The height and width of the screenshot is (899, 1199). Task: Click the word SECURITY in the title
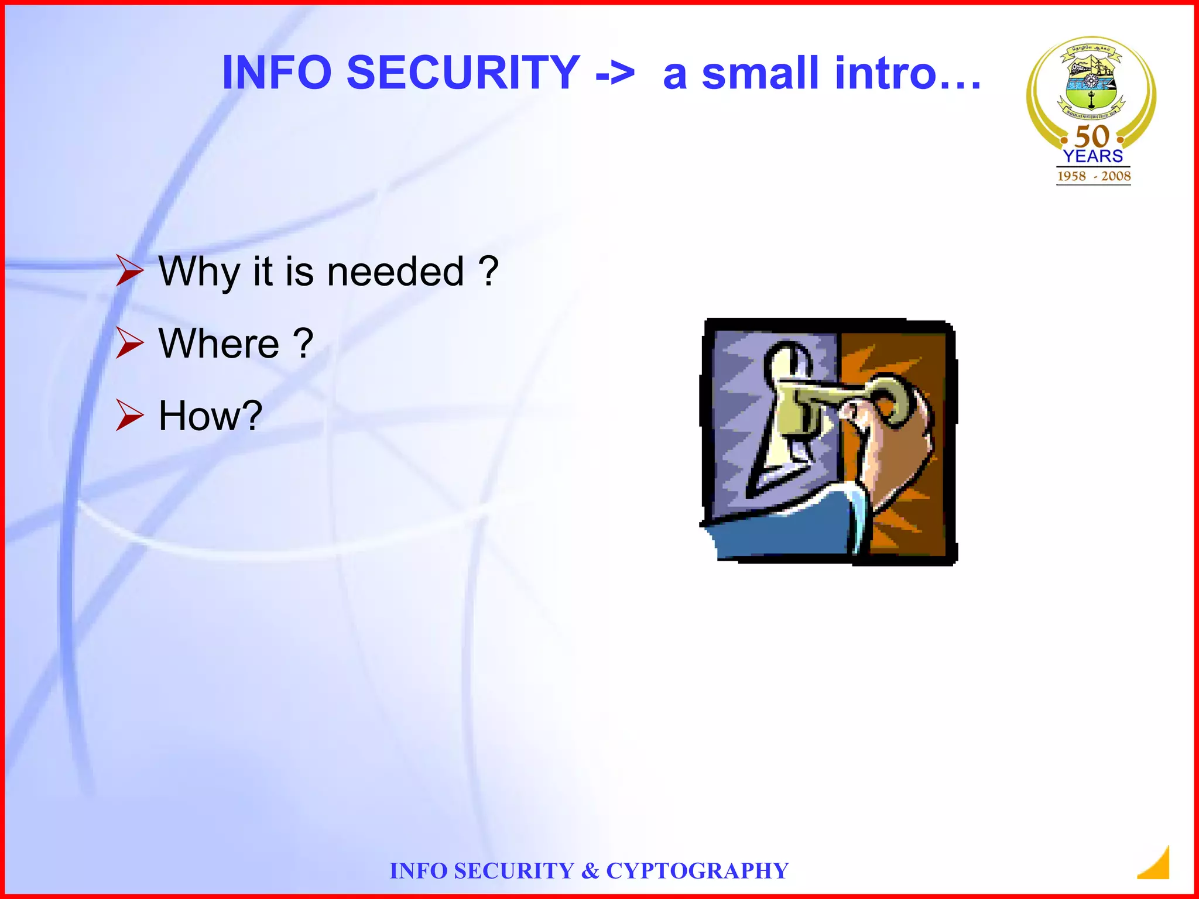463,73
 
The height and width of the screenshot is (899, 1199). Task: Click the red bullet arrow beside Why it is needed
129,270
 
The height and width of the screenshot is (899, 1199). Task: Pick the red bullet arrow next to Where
129,342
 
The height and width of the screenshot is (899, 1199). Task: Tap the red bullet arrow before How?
129,415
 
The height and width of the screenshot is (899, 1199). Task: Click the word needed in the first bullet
395,272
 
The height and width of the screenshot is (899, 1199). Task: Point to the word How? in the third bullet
210,416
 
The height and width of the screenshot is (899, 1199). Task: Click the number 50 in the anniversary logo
1092,136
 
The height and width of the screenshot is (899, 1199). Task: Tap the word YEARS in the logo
1093,156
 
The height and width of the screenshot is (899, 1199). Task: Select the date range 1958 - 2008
1093,176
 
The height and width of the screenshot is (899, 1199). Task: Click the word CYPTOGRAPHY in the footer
697,871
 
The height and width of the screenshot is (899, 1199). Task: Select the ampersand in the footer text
590,871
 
